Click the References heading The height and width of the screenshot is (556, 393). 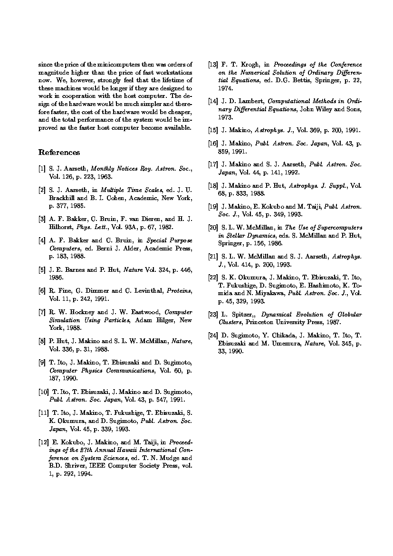click(x=59, y=153)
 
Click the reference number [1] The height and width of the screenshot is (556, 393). click(x=42, y=169)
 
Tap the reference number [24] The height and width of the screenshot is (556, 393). click(x=213, y=336)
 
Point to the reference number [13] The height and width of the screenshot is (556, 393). click(x=213, y=65)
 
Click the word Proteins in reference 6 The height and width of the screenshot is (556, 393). click(x=179, y=291)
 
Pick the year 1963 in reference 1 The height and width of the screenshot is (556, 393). click(x=104, y=176)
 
